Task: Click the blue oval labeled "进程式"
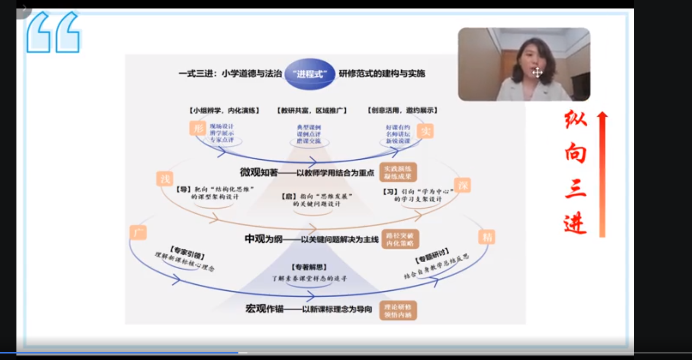coord(310,74)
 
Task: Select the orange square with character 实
coord(425,131)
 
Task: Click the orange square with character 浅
coord(165,179)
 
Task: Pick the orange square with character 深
coord(463,186)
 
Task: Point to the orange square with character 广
coord(138,233)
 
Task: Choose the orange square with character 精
coord(487,237)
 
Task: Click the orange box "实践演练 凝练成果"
coord(398,173)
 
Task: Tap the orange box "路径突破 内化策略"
coord(400,239)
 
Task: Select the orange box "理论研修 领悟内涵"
coord(398,311)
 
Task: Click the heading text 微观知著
coord(259,173)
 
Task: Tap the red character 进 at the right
coord(575,223)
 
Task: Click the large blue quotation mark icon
coord(53,32)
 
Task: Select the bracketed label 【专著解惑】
coord(309,267)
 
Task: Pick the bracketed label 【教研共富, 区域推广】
coord(312,110)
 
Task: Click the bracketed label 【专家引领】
coord(187,252)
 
